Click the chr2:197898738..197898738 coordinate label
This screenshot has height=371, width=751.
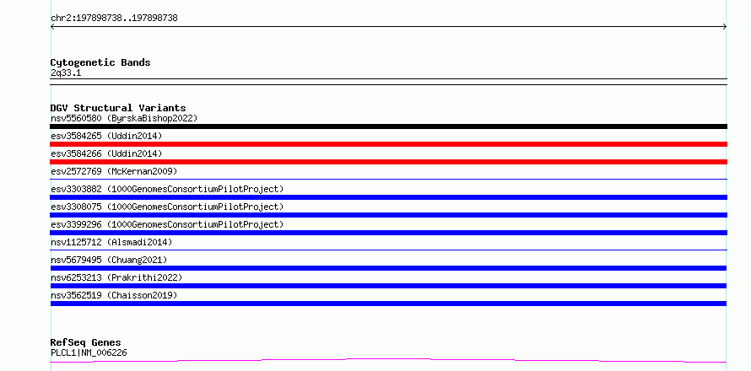[x=114, y=19]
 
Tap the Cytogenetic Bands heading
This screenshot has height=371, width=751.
[x=100, y=62]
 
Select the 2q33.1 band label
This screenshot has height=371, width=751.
[x=66, y=73]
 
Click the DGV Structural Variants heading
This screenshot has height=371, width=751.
[x=118, y=108]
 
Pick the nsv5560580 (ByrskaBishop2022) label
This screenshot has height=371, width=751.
[x=124, y=118]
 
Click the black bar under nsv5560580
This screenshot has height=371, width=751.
[x=388, y=126]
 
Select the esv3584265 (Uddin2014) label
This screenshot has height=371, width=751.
[x=106, y=136]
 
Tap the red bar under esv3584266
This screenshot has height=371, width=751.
[x=388, y=162]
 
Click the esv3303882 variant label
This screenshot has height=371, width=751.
[x=167, y=189]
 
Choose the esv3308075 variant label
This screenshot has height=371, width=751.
[x=167, y=207]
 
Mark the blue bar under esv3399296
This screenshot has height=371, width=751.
[x=388, y=233]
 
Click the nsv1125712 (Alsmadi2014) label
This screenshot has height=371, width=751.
[x=111, y=242]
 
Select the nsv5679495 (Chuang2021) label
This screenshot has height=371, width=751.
[x=109, y=260]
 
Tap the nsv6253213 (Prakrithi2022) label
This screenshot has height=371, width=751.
[x=116, y=277]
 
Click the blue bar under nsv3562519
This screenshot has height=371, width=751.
[x=388, y=304]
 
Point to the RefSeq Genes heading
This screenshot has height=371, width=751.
[x=86, y=342]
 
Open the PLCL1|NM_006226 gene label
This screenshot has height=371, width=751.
[x=89, y=353]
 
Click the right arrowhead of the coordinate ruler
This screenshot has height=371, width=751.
[x=726, y=27]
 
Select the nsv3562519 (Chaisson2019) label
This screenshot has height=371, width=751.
[x=114, y=295]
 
